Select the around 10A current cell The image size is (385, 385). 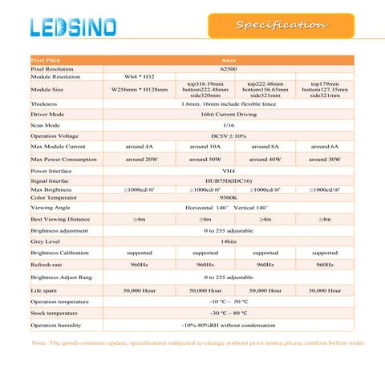[x=205, y=148]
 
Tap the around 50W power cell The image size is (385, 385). [x=205, y=160]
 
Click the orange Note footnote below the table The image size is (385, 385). [x=197, y=342]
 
